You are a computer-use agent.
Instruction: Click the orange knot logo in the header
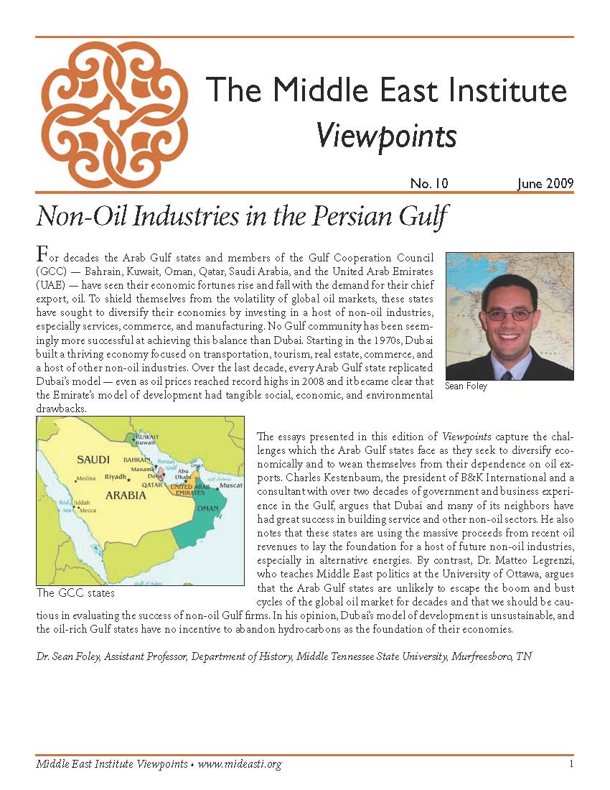[116, 115]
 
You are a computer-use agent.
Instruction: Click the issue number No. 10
[429, 184]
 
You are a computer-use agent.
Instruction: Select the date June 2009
[545, 184]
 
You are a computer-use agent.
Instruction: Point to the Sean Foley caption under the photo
[466, 386]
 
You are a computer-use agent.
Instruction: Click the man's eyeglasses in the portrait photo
[510, 315]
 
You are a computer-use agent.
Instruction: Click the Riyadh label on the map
[116, 476]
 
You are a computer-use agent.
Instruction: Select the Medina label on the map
[85, 478]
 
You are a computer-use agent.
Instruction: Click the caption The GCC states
[75, 593]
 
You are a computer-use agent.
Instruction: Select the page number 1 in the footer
[571, 764]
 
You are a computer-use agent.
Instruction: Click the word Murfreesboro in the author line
[483, 656]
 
